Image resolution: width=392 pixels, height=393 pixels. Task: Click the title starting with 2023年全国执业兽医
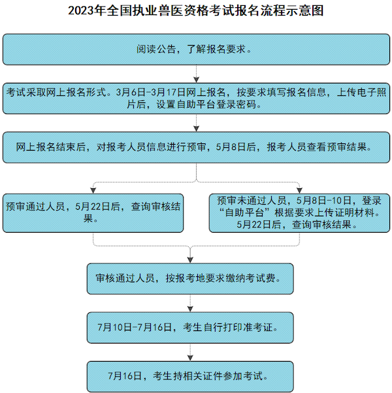click(x=196, y=11)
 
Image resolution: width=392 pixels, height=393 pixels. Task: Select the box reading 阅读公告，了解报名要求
click(x=196, y=50)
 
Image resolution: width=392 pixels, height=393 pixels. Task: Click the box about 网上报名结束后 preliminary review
click(x=196, y=147)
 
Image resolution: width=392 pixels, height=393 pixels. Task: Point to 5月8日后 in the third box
click(x=236, y=147)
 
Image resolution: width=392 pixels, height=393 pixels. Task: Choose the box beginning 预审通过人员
click(x=93, y=213)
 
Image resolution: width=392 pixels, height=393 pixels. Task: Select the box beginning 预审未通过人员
click(x=299, y=213)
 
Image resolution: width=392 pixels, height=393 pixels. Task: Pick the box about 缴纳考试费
click(x=190, y=279)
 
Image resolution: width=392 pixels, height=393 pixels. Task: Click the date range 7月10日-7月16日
click(x=135, y=327)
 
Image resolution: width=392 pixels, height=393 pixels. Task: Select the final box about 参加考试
click(x=190, y=377)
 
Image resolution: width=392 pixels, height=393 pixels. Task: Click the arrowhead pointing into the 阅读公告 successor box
click(x=196, y=80)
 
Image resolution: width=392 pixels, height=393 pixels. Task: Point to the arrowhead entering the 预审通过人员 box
click(x=93, y=190)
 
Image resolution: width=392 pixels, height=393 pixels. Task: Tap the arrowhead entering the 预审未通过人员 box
click(x=299, y=190)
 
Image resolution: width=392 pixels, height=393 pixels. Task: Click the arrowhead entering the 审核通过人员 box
click(x=190, y=260)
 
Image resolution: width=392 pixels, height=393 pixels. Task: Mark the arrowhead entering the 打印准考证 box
click(x=190, y=309)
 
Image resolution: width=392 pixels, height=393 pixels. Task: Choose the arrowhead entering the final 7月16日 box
click(x=190, y=358)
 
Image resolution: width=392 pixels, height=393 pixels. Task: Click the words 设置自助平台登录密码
click(x=206, y=104)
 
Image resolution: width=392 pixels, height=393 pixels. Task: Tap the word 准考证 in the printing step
click(x=258, y=327)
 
